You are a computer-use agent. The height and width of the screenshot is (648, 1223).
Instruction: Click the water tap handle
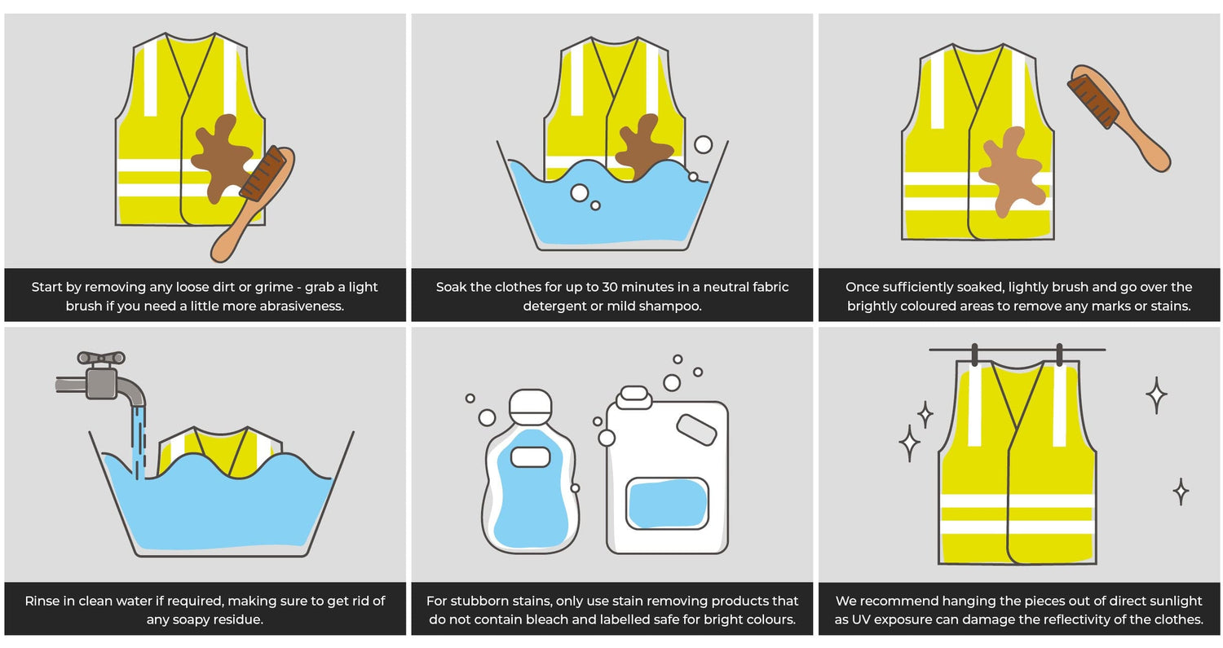(101, 357)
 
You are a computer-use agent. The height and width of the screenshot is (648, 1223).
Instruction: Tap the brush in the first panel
(253, 204)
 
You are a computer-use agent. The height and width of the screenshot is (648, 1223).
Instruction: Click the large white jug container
(666, 473)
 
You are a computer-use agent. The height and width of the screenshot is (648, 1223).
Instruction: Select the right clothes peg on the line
(1059, 355)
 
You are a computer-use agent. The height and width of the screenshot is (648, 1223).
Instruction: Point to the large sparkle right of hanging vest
(1156, 395)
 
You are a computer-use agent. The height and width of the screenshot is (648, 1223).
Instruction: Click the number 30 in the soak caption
(611, 287)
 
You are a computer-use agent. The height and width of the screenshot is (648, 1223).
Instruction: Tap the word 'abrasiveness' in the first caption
(299, 306)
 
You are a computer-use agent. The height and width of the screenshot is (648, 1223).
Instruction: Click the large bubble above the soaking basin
(703, 145)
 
